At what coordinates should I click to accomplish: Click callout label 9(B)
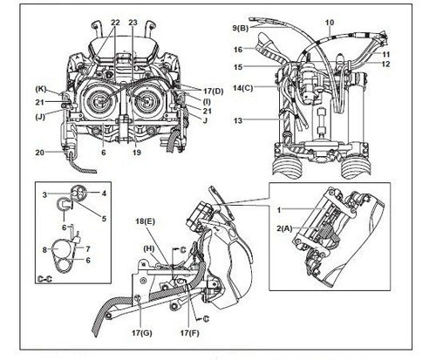pyautogui.click(x=241, y=28)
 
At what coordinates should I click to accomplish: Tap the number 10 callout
pyautogui.click(x=330, y=22)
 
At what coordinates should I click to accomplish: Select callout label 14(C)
pyautogui.click(x=243, y=88)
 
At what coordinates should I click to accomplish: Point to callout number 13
pyautogui.click(x=238, y=120)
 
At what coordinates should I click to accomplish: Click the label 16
pyautogui.click(x=238, y=50)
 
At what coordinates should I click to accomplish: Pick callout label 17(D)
pyautogui.click(x=214, y=92)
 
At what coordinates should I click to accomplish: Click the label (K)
pyautogui.click(x=41, y=89)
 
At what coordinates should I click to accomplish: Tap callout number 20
pyautogui.click(x=40, y=153)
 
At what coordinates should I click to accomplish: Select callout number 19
pyautogui.click(x=137, y=153)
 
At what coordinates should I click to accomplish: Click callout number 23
pyautogui.click(x=133, y=23)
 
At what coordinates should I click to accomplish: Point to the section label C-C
pyautogui.click(x=45, y=279)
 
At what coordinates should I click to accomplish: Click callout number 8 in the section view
pyautogui.click(x=44, y=249)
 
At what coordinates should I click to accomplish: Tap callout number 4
pyautogui.click(x=104, y=193)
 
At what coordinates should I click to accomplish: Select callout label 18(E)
pyautogui.click(x=146, y=221)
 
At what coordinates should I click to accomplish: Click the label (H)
pyautogui.click(x=149, y=248)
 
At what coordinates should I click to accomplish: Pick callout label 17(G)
pyautogui.click(x=142, y=333)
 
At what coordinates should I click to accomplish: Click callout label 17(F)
pyautogui.click(x=190, y=333)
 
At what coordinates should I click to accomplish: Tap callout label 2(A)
pyautogui.click(x=284, y=228)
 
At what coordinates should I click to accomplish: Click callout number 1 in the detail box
pyautogui.click(x=279, y=210)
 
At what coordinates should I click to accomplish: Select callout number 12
pyautogui.click(x=385, y=64)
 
